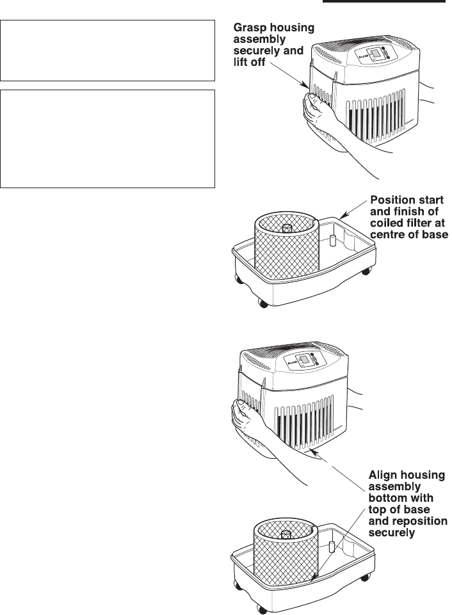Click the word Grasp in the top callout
click(248, 28)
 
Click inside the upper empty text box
click(108, 50)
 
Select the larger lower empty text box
click(108, 138)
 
